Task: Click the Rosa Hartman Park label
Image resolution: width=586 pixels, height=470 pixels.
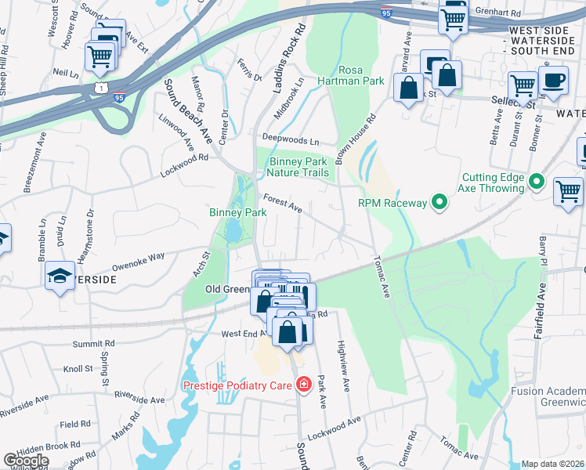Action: [x=350, y=74]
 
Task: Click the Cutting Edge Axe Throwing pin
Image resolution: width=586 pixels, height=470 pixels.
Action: [x=536, y=183]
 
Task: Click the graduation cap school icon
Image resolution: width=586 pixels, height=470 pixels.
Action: [x=60, y=277]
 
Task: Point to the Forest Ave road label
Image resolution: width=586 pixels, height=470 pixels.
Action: [x=282, y=204]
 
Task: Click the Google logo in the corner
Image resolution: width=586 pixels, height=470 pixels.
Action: [x=26, y=461]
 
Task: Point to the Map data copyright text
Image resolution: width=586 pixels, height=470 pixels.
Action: [x=553, y=464]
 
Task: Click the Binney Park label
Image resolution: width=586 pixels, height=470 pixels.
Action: [x=238, y=212]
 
